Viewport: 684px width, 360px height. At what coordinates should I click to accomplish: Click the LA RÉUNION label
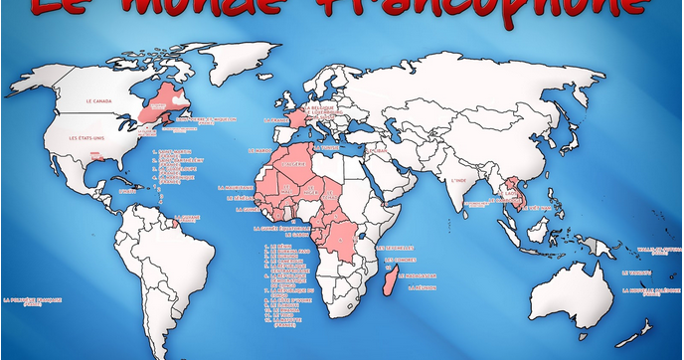pyautogui.click(x=425, y=288)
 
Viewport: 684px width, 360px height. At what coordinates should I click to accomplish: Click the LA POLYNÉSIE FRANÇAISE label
pyautogui.click(x=33, y=300)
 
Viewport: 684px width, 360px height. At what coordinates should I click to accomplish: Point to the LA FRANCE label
pyautogui.click(x=274, y=121)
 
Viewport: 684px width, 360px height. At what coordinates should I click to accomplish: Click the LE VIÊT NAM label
pyautogui.click(x=536, y=208)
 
